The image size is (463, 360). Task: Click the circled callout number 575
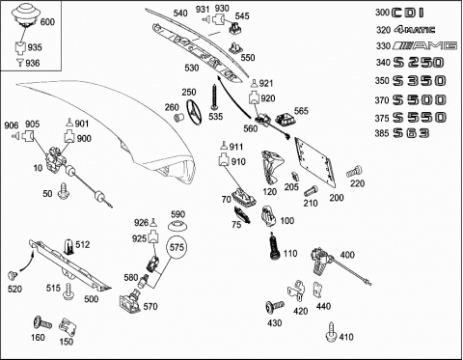(177, 247)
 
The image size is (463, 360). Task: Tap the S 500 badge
(420, 100)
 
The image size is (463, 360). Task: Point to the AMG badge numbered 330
(424, 45)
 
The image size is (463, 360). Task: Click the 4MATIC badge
(414, 30)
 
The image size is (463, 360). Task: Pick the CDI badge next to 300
(408, 13)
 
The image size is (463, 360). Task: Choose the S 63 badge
(411, 133)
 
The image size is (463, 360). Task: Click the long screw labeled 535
(214, 97)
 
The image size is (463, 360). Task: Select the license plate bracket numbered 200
(315, 162)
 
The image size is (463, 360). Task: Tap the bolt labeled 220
(354, 172)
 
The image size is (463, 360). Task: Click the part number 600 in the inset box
(47, 22)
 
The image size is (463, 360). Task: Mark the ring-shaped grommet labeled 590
(177, 226)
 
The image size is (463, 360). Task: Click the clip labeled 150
(68, 327)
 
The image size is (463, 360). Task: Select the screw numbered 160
(42, 322)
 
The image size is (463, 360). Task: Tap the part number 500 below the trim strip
(92, 299)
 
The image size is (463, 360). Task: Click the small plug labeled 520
(13, 275)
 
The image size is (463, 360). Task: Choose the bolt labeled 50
(64, 191)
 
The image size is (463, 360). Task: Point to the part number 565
(301, 111)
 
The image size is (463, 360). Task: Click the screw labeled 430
(275, 307)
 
